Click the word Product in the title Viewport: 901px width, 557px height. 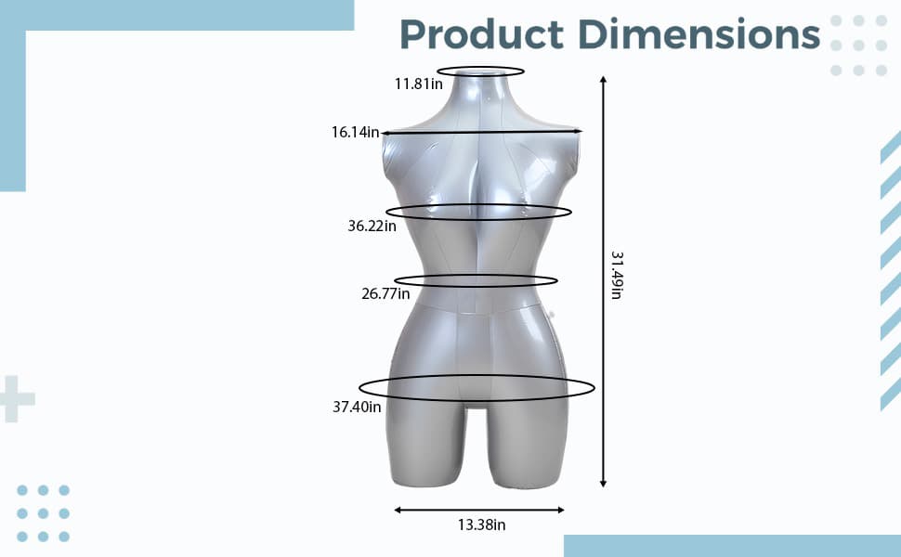click(481, 34)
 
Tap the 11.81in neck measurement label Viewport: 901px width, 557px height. click(418, 84)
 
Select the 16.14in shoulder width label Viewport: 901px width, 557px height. click(355, 132)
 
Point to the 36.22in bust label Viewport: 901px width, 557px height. click(372, 226)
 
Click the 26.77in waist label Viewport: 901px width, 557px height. click(385, 293)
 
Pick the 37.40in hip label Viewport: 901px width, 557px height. click(357, 407)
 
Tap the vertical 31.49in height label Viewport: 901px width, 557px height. click(617, 275)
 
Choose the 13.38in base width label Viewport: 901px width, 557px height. click(481, 525)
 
